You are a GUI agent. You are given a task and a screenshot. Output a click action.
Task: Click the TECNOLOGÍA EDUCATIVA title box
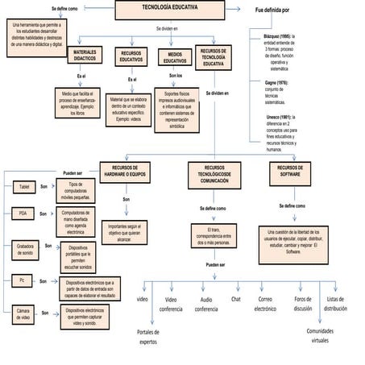169,10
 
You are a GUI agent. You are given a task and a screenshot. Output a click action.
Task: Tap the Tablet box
24,187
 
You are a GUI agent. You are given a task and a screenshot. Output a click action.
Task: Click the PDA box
24,214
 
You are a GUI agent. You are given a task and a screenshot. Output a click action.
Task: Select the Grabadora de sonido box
24,249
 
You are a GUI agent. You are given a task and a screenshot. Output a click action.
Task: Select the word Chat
235,299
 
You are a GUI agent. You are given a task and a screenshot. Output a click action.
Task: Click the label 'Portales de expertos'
148,336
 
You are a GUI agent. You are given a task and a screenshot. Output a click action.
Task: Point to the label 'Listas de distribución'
336,303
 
